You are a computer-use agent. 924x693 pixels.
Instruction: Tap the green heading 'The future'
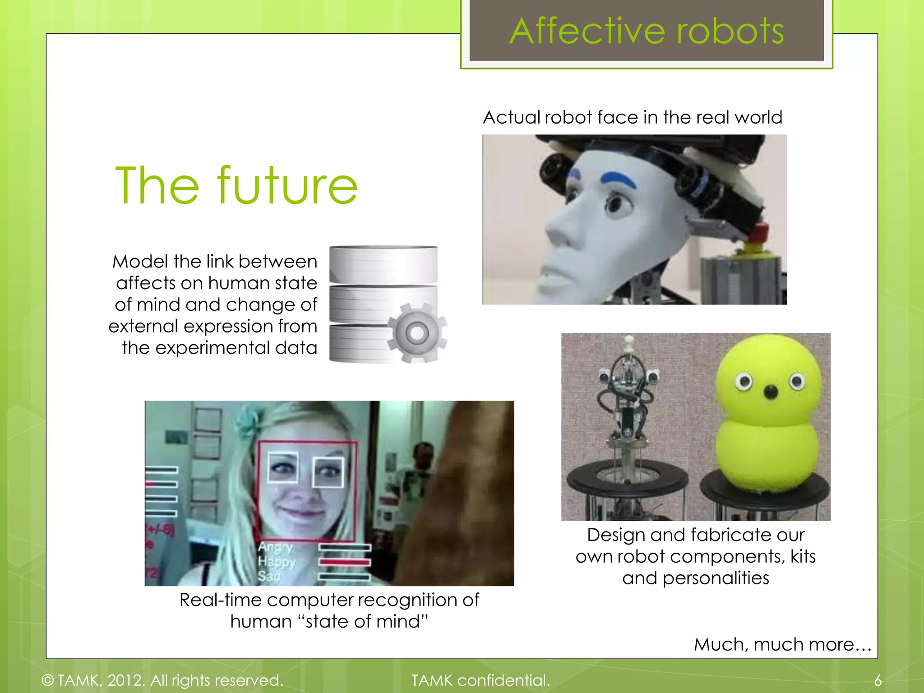point(236,185)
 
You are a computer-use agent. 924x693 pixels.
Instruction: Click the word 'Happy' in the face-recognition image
point(277,562)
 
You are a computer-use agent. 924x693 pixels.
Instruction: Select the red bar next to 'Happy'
point(345,562)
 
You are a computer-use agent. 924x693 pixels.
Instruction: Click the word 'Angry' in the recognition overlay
point(276,547)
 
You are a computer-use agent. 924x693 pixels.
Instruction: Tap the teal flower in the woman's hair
point(249,422)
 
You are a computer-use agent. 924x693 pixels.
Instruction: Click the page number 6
point(878,680)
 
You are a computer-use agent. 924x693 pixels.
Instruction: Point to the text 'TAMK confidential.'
point(480,680)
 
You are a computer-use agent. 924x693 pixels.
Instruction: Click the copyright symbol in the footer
point(47,680)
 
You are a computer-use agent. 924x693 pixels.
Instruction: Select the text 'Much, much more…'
point(782,644)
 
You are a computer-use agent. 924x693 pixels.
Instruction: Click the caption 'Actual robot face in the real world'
point(633,117)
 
